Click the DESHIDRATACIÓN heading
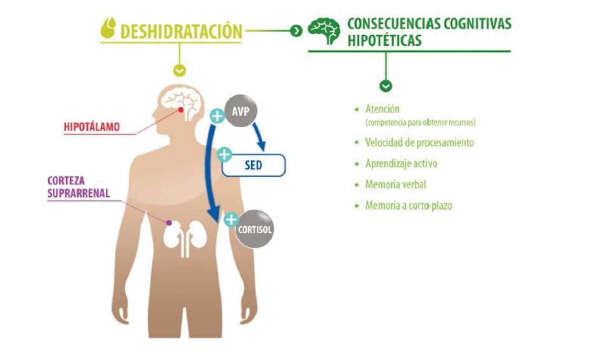[x=181, y=31]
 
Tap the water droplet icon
[x=108, y=28]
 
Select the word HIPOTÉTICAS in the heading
[x=385, y=40]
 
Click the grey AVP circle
[x=241, y=110]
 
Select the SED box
[x=253, y=165]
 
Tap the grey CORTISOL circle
[x=255, y=229]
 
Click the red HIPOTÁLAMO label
[x=92, y=127]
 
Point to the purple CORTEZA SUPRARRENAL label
[x=79, y=187]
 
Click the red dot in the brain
[x=181, y=110]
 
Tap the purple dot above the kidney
[x=169, y=223]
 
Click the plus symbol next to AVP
[x=217, y=116]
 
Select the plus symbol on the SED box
[x=224, y=155]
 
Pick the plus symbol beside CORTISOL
[x=231, y=220]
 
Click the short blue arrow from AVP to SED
[x=259, y=136]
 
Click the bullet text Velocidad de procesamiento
[x=419, y=143]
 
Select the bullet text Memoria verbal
[x=396, y=184]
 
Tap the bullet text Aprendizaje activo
[x=401, y=164]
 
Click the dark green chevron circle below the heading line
[x=386, y=86]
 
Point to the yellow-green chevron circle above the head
[x=180, y=71]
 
